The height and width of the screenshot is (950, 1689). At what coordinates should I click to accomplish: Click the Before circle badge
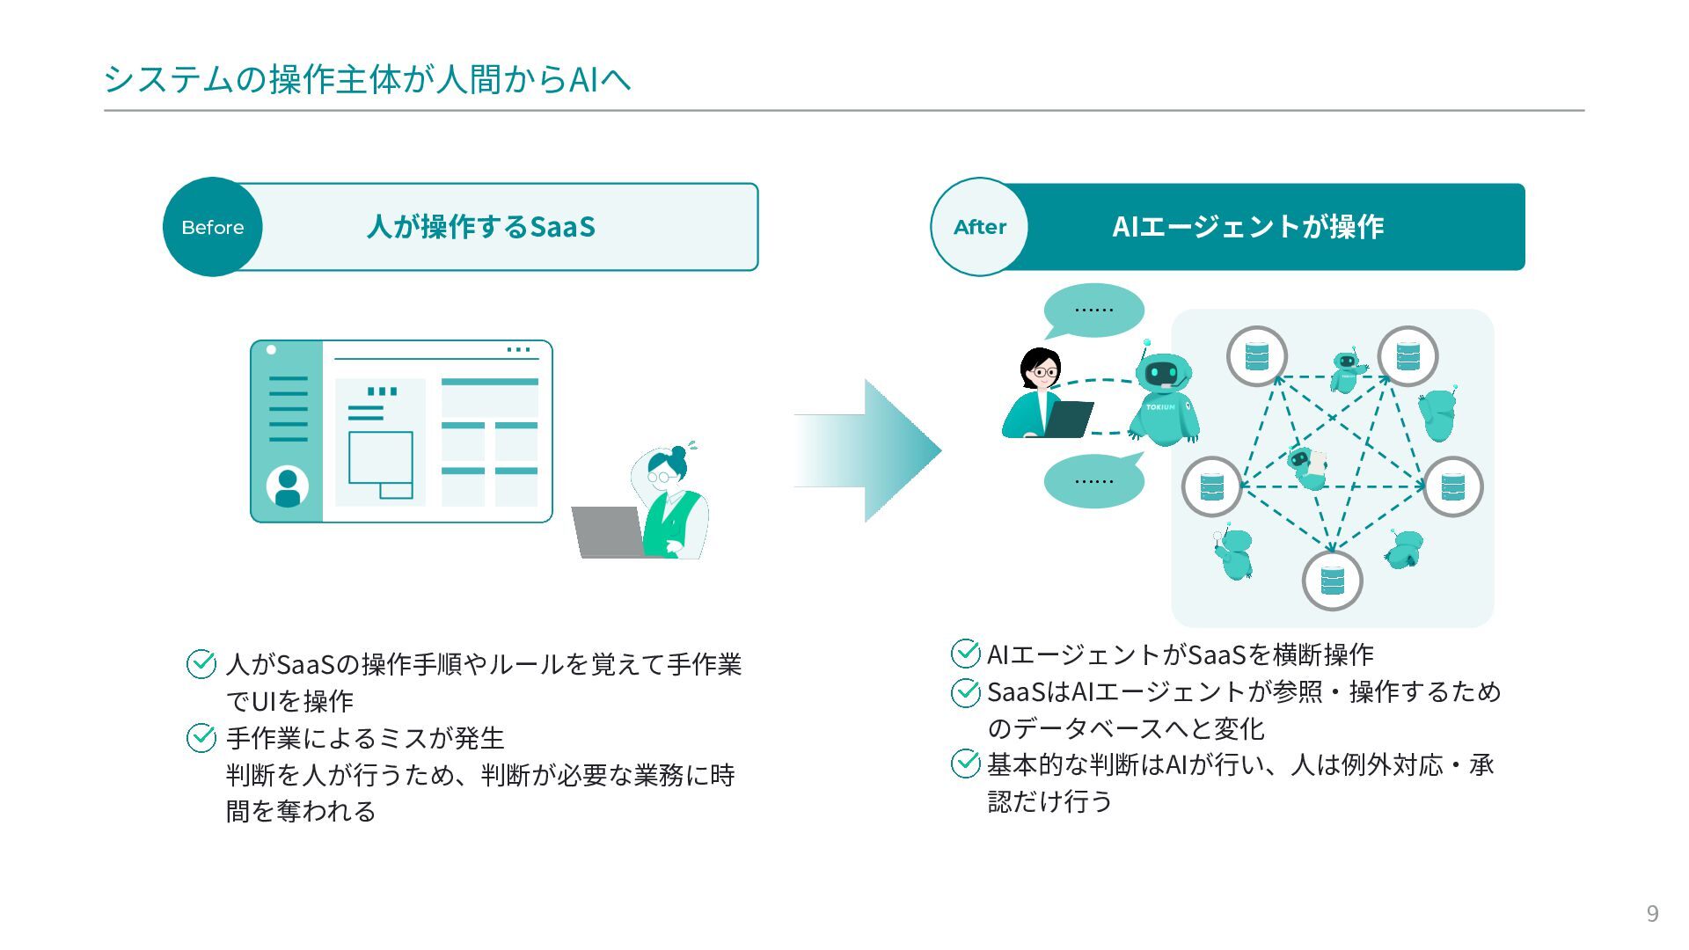pyautogui.click(x=212, y=227)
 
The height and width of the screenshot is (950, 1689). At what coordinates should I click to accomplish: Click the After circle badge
pyautogui.click(x=980, y=227)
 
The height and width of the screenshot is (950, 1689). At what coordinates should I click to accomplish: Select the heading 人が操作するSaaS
pyautogui.click(x=481, y=227)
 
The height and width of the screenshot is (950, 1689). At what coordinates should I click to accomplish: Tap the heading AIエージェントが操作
pyautogui.click(x=1247, y=227)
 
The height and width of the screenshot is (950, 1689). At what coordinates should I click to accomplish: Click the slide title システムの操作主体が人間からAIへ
pyautogui.click(x=367, y=79)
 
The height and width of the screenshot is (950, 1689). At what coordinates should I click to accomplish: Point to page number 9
pyautogui.click(x=1652, y=914)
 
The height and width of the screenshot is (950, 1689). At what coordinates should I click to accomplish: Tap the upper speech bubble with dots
pyautogui.click(x=1093, y=310)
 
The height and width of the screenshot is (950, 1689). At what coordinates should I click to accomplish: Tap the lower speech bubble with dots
pyautogui.click(x=1093, y=481)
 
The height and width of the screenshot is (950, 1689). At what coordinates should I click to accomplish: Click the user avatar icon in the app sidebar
pyautogui.click(x=287, y=486)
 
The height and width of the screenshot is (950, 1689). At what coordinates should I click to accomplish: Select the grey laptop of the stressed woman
pyautogui.click(x=608, y=531)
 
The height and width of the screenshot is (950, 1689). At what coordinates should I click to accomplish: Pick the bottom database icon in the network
pyautogui.click(x=1332, y=581)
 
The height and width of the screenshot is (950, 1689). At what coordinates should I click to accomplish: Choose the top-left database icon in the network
pyautogui.click(x=1256, y=356)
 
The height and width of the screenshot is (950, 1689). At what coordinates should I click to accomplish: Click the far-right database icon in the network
pyautogui.click(x=1452, y=486)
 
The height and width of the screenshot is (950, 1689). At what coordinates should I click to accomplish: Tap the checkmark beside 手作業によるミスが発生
pyautogui.click(x=201, y=738)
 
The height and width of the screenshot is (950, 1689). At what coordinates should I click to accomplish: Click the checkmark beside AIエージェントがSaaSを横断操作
pyautogui.click(x=965, y=654)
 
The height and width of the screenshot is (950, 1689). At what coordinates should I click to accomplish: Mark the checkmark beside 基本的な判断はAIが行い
pyautogui.click(x=965, y=764)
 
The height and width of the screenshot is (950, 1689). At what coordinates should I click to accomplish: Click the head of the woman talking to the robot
pyautogui.click(x=1041, y=369)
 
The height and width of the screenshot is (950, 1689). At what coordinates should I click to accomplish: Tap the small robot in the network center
pyautogui.click(x=1307, y=467)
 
